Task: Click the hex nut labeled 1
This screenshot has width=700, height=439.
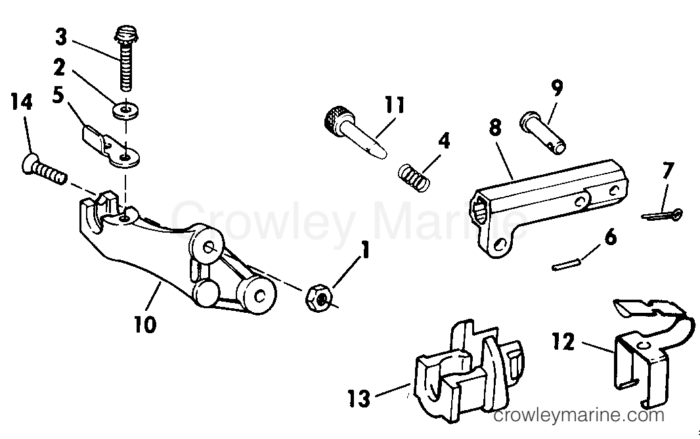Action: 319,298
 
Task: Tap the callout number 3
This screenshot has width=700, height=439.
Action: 61,37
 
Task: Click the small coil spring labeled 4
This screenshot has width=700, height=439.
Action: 414,178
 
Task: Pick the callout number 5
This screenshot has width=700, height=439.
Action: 58,95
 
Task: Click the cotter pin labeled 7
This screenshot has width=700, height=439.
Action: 662,216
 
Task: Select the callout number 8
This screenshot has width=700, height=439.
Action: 495,127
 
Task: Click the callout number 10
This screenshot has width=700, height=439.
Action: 146,324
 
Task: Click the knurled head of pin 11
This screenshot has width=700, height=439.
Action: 336,119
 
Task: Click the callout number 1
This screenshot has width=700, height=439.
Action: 366,250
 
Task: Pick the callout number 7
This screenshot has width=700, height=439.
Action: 668,170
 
